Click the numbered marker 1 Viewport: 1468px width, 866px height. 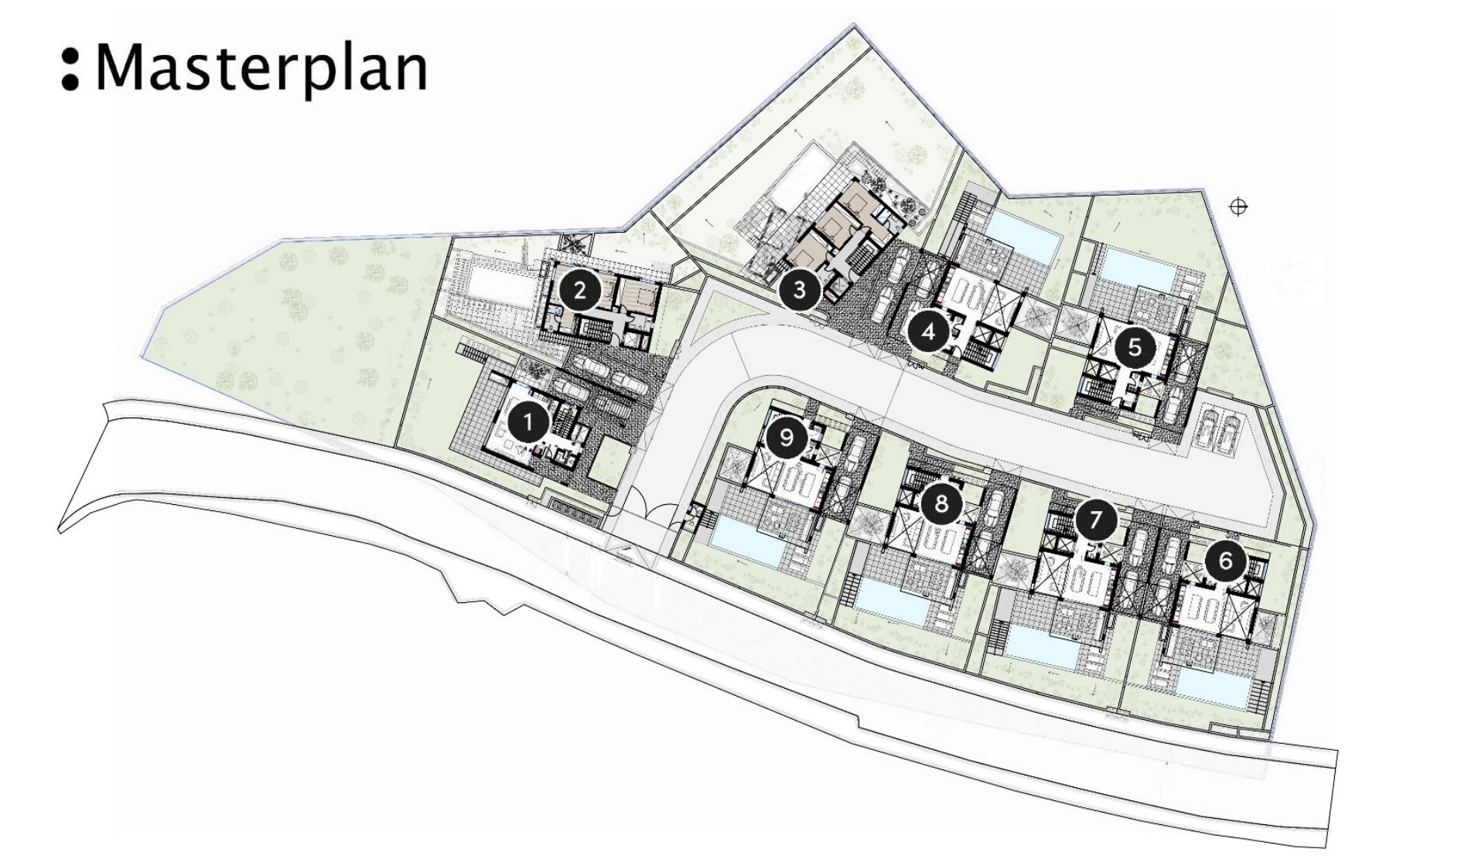coord(529,423)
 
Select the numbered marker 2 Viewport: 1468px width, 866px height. coord(579,291)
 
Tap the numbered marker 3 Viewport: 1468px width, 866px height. coord(800,289)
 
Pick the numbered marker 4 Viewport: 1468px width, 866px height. coord(929,332)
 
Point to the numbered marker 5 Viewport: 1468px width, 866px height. coord(1135,346)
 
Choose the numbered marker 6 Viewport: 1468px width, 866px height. coord(1225,560)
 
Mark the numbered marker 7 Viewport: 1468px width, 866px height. coord(1094,519)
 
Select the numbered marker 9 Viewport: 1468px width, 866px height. coord(786,438)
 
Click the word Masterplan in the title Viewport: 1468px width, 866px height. coord(261,69)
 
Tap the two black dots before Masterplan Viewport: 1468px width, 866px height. coord(70,69)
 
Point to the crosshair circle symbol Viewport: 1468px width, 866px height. coord(1238,206)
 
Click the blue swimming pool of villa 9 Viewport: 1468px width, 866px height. coord(747,540)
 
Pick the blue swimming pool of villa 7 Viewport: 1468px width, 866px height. coord(1044,646)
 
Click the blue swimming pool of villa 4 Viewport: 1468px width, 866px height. coord(1023,234)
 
